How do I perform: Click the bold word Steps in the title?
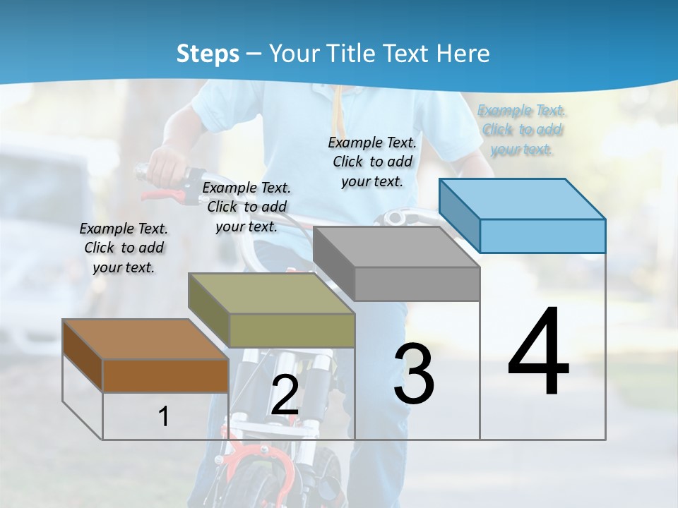click(208, 54)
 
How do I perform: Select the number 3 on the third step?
click(414, 373)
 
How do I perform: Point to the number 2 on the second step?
click(285, 395)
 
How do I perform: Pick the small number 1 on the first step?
click(164, 416)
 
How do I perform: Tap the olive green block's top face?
click(271, 294)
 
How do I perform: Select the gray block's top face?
click(396, 247)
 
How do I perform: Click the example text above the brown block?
click(124, 248)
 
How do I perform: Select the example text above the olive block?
click(246, 207)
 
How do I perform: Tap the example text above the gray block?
click(372, 162)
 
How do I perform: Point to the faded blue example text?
click(522, 130)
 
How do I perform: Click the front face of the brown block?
click(165, 375)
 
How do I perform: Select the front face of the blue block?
click(542, 236)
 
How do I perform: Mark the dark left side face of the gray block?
click(333, 262)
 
